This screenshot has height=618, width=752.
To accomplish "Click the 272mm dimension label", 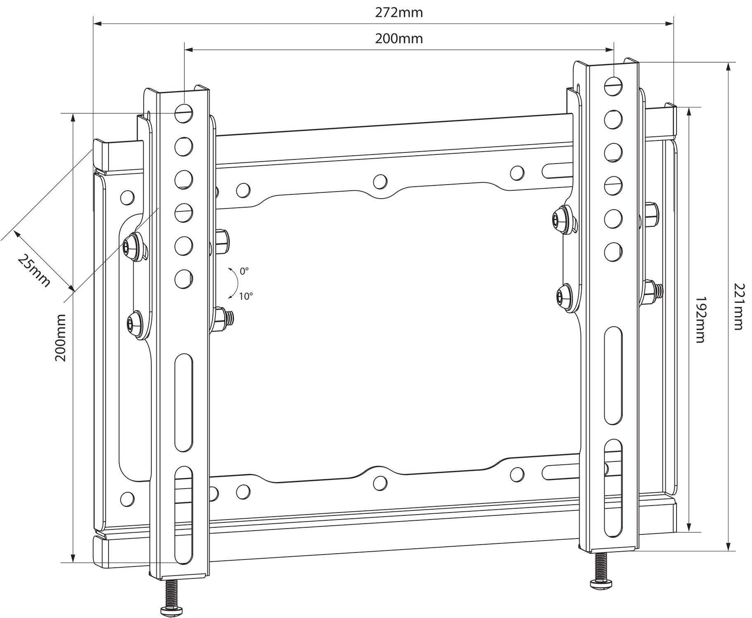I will tap(398, 13).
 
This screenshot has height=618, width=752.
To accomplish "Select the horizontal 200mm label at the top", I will tap(398, 39).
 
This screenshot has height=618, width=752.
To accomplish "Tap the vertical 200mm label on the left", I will tap(61, 338).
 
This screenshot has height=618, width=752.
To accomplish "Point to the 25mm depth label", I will tap(34, 271).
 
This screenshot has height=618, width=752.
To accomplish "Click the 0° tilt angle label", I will tap(244, 272).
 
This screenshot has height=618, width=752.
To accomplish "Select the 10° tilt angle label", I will tap(245, 296).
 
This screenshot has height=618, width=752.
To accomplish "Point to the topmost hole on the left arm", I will tap(184, 112).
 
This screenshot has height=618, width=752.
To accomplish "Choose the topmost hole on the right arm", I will tap(613, 86).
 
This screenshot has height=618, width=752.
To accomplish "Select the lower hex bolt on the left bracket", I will tap(133, 324).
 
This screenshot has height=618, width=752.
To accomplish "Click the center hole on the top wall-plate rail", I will tap(380, 181).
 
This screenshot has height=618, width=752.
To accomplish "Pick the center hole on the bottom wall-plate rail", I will tap(380, 483).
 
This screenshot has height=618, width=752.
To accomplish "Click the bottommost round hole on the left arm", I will tap(184, 279).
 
